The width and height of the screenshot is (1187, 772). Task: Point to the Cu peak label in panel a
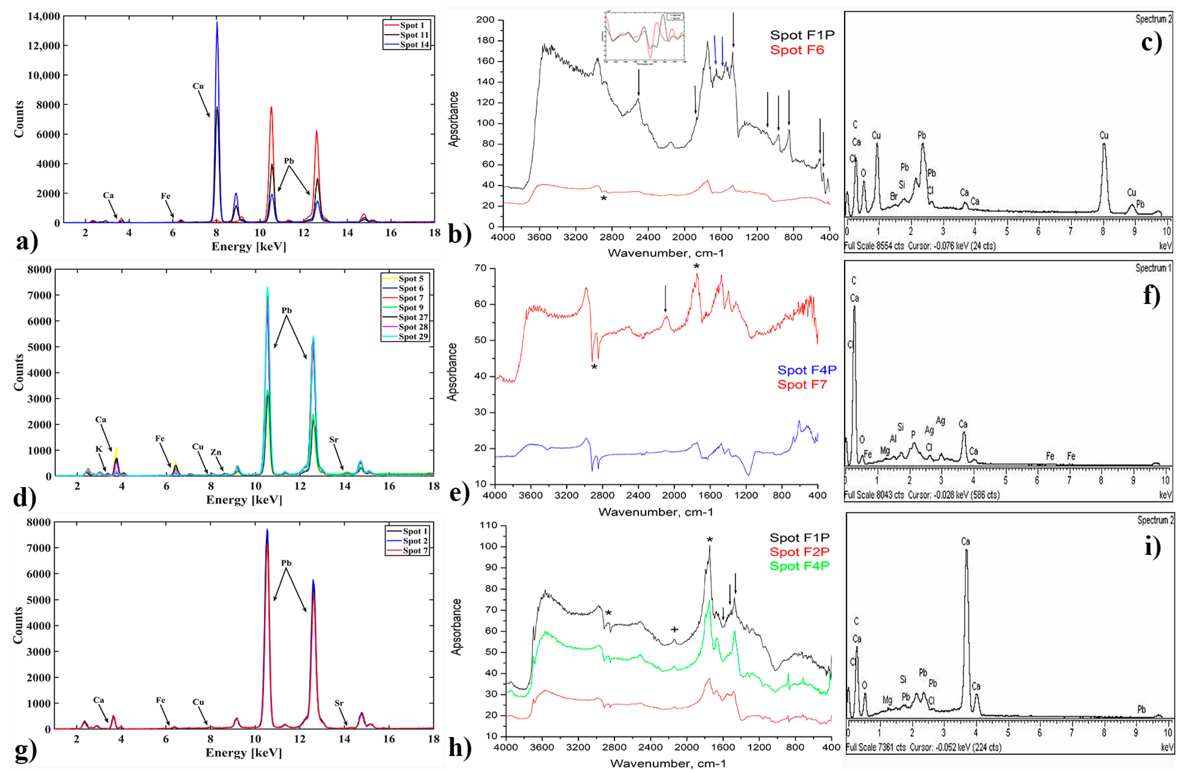click(x=198, y=86)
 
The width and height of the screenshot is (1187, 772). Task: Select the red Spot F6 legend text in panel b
click(x=797, y=50)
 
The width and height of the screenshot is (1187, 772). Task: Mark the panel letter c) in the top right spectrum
click(x=1151, y=43)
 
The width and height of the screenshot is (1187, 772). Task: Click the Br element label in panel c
click(x=894, y=196)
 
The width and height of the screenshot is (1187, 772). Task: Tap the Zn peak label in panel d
click(x=215, y=452)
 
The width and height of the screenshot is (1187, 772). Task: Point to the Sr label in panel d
click(x=334, y=440)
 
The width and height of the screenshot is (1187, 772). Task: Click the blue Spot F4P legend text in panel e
click(x=806, y=370)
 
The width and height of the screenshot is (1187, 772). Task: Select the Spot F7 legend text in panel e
click(x=802, y=385)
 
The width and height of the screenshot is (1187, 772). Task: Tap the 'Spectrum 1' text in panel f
click(x=1153, y=268)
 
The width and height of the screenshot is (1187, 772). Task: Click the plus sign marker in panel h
click(x=674, y=629)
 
